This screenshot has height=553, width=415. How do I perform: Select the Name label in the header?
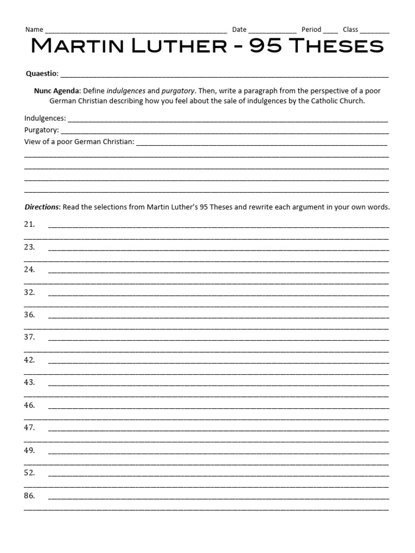tap(34, 30)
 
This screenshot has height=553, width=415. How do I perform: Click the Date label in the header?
tap(239, 30)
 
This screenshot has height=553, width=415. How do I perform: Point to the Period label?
tap(311, 30)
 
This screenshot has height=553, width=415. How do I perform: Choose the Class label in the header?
tap(350, 30)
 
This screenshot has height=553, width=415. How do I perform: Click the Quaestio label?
tap(42, 73)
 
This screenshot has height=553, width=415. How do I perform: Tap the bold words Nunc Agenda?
tap(57, 91)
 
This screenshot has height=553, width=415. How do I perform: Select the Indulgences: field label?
tap(45, 118)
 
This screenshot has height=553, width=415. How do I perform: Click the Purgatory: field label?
tap(42, 130)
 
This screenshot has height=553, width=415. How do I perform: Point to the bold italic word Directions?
tap(42, 207)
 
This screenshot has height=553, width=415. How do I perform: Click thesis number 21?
tap(29, 224)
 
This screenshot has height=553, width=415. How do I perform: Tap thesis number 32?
tap(29, 292)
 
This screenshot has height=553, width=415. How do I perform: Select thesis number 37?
tap(29, 337)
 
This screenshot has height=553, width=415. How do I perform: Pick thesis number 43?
tap(29, 382)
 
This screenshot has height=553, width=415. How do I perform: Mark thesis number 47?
tap(29, 427)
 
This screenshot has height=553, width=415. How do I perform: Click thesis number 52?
tap(29, 473)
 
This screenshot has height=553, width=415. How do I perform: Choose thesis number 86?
tap(29, 495)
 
